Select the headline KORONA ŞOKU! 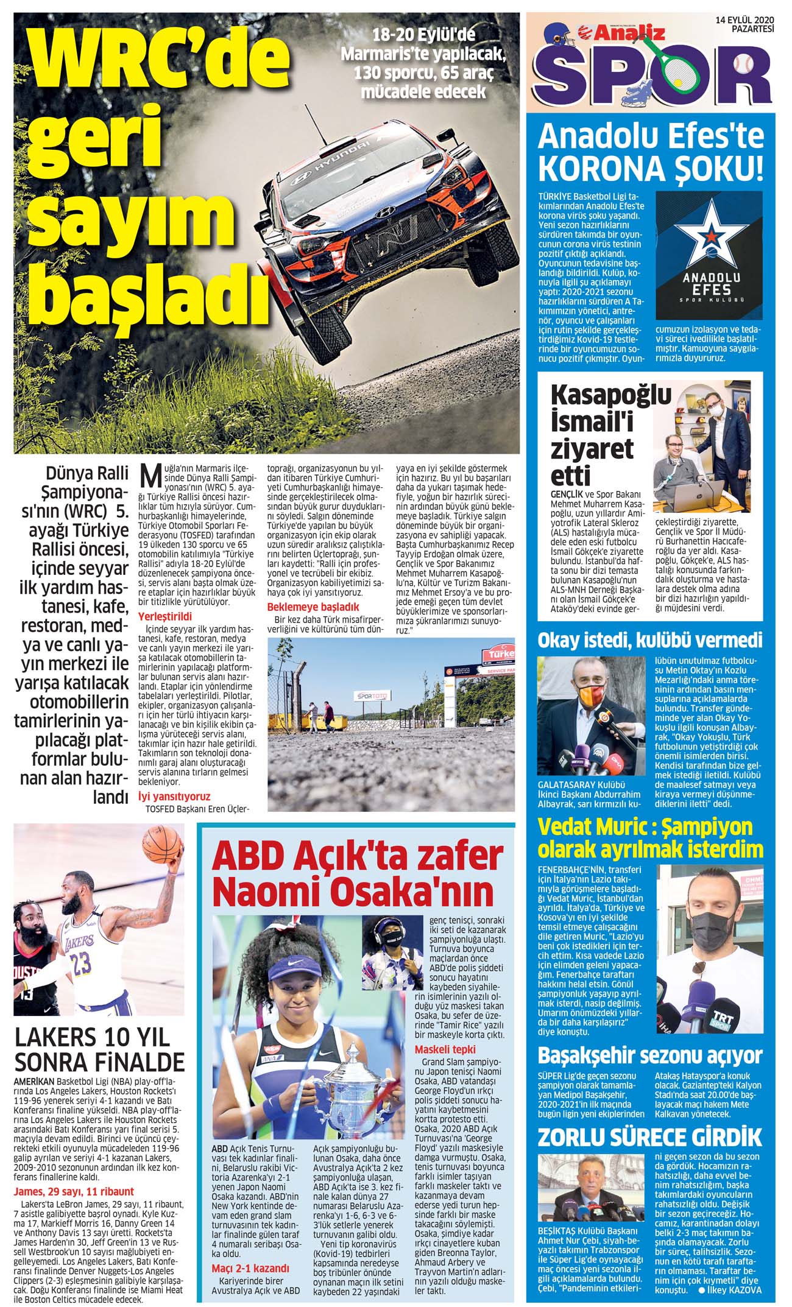(x=650, y=169)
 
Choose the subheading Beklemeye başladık (x=313, y=607)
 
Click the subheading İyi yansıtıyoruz (x=174, y=796)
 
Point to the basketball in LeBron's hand (x=163, y=845)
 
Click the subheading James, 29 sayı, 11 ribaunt (x=74, y=1191)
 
